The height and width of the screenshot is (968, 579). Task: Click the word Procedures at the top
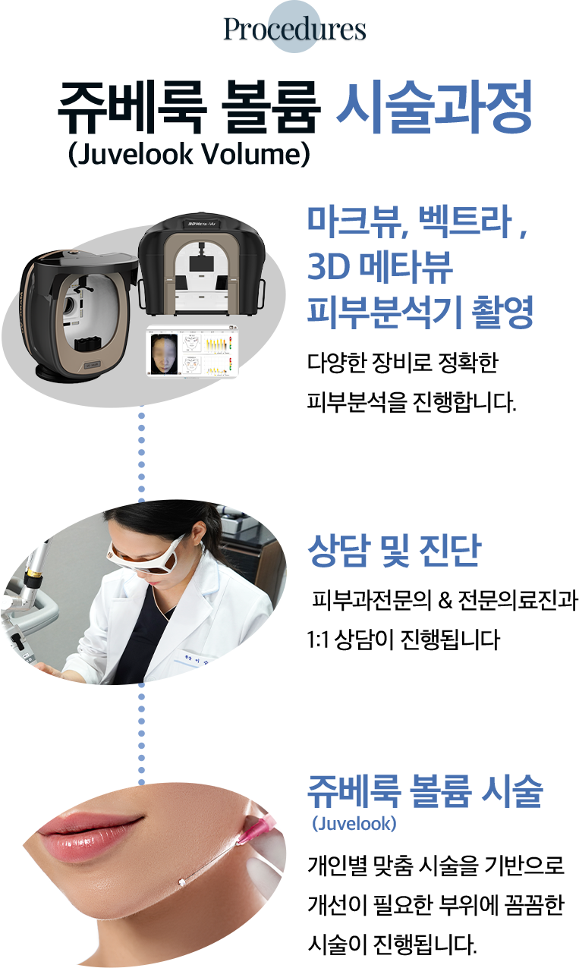click(294, 30)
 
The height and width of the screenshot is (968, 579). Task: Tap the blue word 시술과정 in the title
click(434, 107)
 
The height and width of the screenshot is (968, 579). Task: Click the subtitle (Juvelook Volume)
click(190, 154)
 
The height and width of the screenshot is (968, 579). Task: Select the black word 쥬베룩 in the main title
click(131, 107)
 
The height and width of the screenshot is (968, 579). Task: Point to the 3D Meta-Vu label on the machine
click(202, 224)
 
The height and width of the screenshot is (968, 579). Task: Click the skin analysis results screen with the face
click(192, 351)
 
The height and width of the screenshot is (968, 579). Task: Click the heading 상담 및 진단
click(395, 550)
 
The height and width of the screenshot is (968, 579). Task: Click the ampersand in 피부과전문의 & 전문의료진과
click(445, 600)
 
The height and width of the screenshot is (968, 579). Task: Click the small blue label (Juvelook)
click(354, 824)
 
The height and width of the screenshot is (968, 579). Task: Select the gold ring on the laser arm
click(33, 573)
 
